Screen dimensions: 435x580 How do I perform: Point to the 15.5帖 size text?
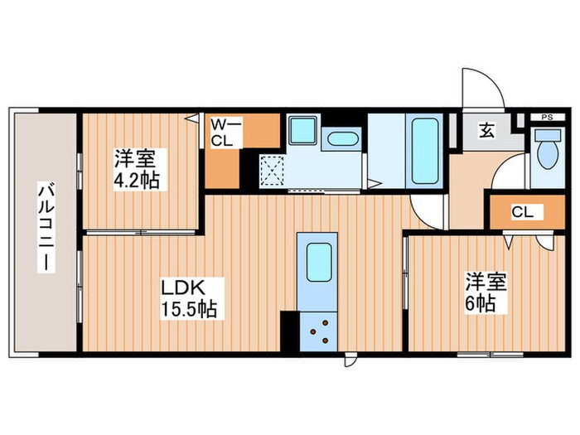click(189, 311)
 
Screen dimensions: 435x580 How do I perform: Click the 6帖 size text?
click(480, 303)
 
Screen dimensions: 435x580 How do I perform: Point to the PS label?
click(546, 117)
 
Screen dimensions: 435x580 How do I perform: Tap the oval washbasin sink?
click(341, 140)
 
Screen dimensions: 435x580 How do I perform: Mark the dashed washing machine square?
click(271, 171)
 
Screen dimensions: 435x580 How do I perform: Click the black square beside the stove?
click(288, 330)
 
